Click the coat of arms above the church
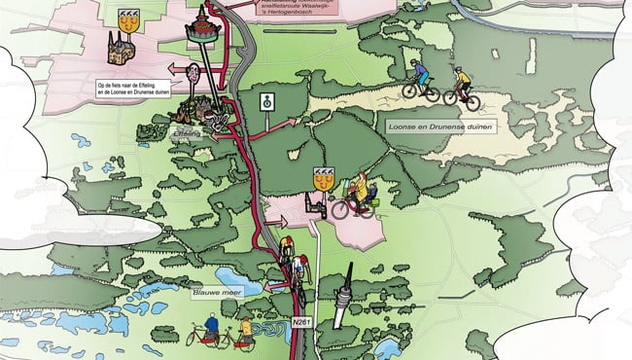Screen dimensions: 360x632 click(x=126, y=18)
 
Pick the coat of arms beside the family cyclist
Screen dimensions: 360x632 click(x=321, y=178)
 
